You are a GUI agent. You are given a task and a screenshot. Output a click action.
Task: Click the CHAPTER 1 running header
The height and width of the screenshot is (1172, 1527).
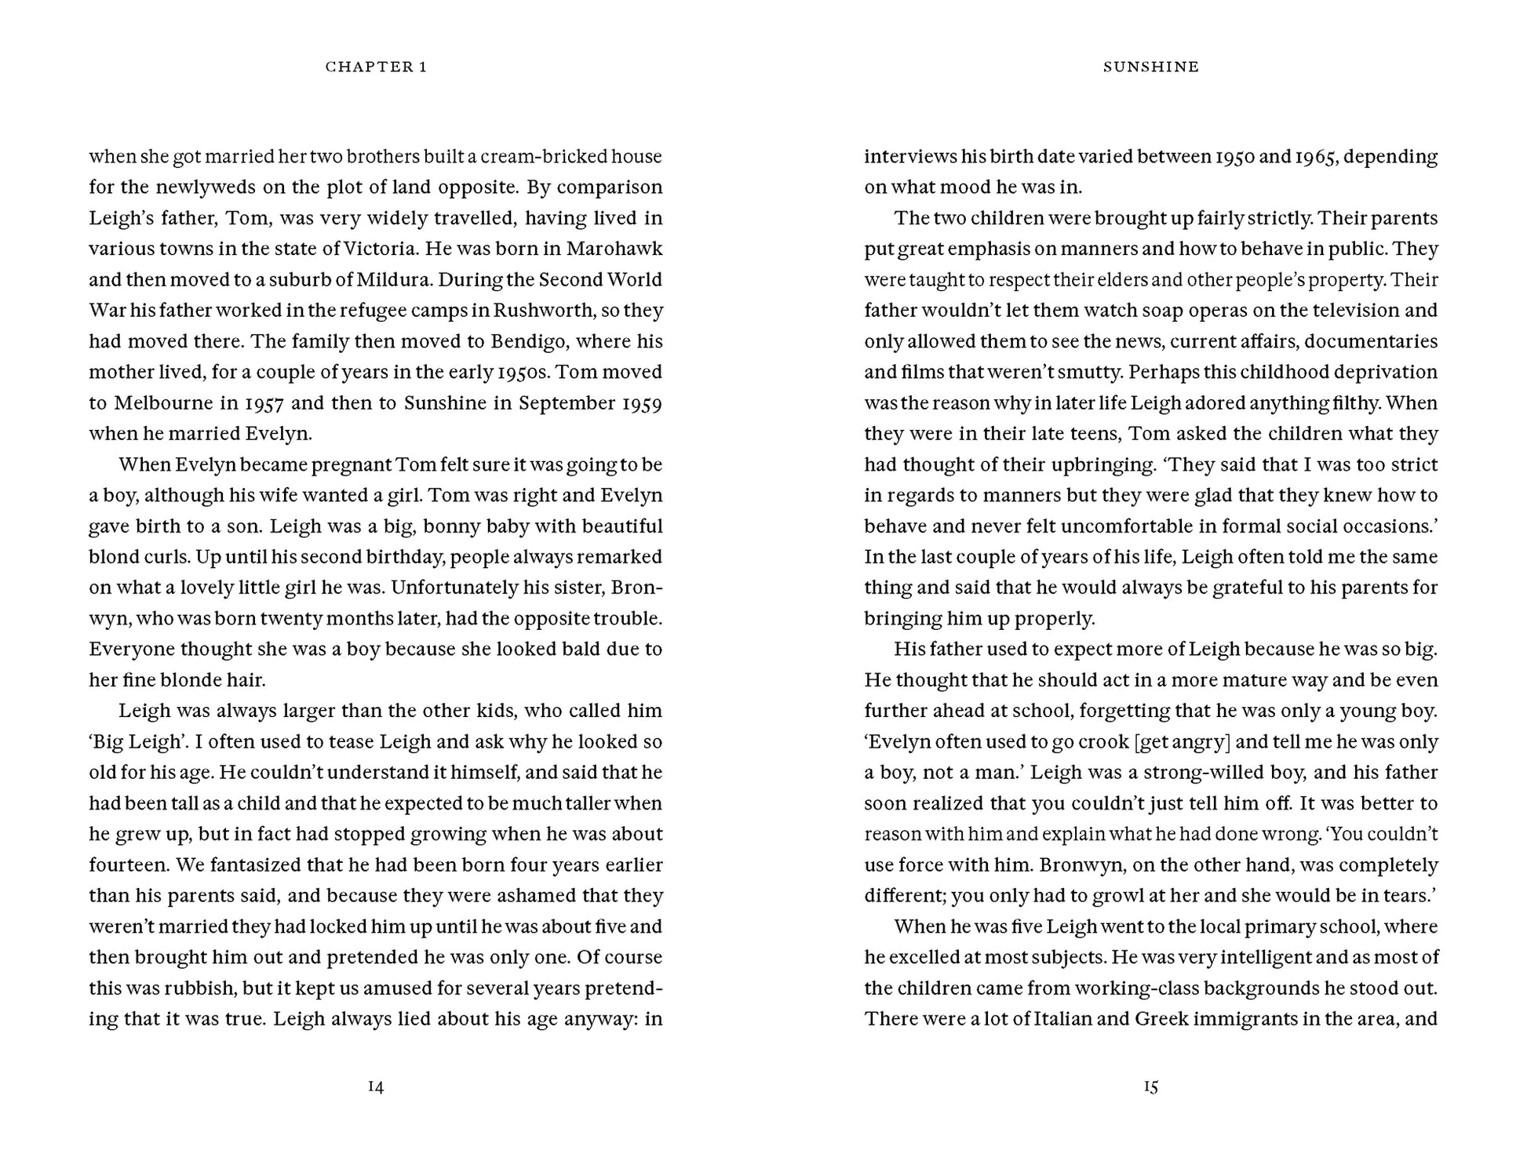click(376, 67)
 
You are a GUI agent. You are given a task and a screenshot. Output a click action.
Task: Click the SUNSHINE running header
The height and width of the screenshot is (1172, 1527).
click(1150, 67)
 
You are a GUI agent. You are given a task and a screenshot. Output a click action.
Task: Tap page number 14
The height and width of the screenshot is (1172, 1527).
click(376, 1086)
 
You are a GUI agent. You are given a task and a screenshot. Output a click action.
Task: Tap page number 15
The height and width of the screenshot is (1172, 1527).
click(1150, 1086)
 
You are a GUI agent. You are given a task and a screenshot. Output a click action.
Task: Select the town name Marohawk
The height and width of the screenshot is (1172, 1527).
click(614, 249)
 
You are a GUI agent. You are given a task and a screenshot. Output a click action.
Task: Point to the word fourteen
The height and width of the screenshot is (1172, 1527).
click(128, 865)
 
